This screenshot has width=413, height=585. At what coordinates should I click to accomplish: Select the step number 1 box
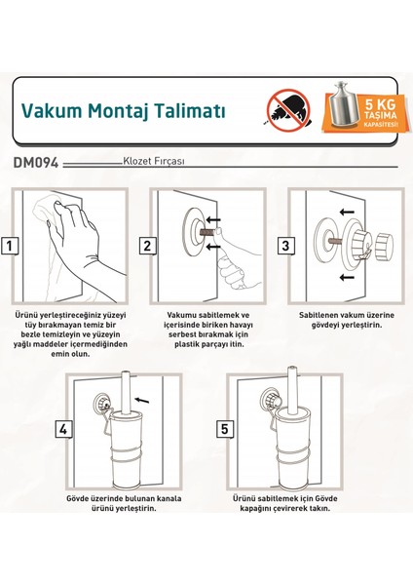(x=10, y=246)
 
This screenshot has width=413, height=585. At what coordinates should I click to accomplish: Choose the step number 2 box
(x=146, y=246)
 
